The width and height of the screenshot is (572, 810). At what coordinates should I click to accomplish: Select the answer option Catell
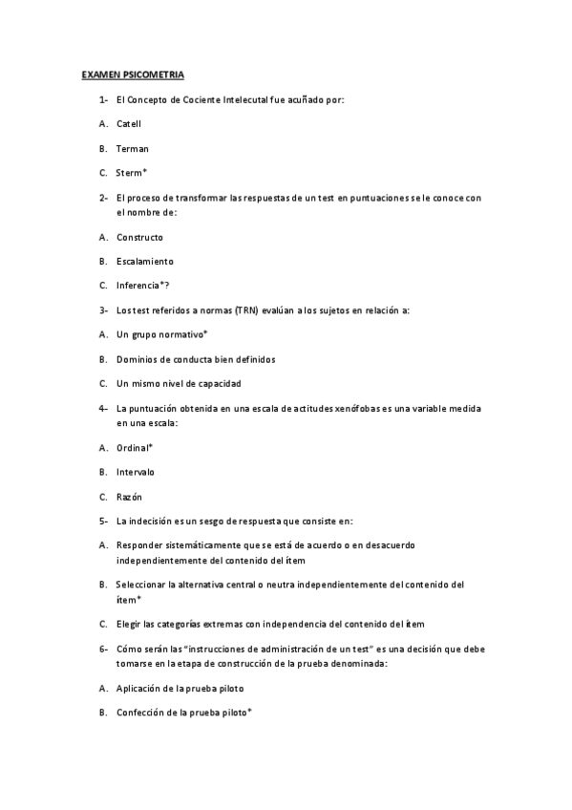click(x=129, y=124)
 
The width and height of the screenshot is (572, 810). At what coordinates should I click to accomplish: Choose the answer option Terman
click(x=133, y=148)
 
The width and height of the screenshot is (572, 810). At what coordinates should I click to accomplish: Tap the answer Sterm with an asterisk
click(x=131, y=173)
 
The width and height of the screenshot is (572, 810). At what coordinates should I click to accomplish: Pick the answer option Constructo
click(x=139, y=237)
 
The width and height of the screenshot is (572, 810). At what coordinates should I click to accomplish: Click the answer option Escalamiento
click(x=144, y=261)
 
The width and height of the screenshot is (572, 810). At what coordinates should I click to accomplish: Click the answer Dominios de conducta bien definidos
click(x=196, y=359)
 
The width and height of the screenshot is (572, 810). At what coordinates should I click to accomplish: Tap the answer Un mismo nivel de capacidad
click(x=179, y=383)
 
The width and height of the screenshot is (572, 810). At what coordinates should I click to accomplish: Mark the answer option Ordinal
click(x=135, y=447)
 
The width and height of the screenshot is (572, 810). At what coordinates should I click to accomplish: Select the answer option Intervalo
click(x=136, y=472)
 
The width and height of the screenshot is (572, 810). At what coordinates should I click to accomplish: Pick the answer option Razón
click(x=130, y=497)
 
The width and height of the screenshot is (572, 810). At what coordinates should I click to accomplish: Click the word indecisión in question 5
click(x=152, y=522)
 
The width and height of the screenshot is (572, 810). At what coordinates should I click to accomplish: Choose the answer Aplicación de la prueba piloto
click(x=180, y=688)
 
